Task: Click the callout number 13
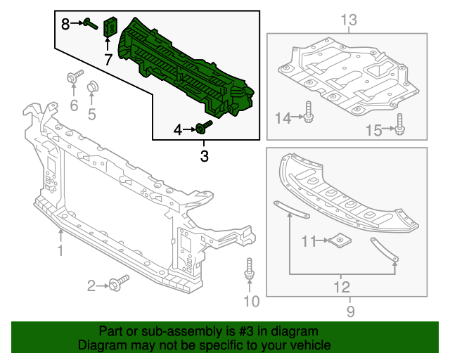pos(349,20)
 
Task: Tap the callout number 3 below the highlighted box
pos(205,156)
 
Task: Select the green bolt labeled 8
pos(91,24)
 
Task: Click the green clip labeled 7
pos(110,27)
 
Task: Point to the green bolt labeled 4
pos(205,127)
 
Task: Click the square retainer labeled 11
pos(340,241)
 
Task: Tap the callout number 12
pos(341,286)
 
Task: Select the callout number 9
pos(350,311)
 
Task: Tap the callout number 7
pos(108,60)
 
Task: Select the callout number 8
pos(65,24)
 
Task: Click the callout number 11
pos(309,242)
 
